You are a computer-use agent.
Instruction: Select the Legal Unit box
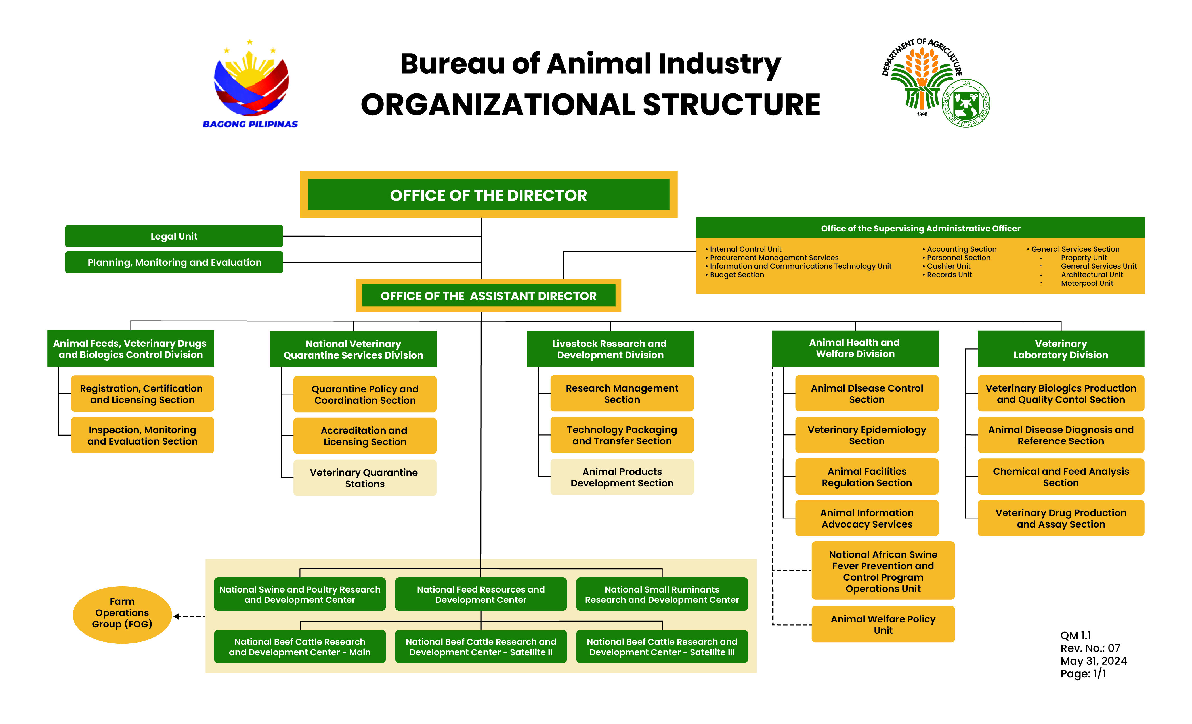pyautogui.click(x=174, y=236)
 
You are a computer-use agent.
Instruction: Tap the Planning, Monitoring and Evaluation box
pyautogui.click(x=174, y=262)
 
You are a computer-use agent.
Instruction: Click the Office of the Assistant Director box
pyautogui.click(x=489, y=296)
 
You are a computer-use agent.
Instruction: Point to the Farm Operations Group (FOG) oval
pyautogui.click(x=122, y=615)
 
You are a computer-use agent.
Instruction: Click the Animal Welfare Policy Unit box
pyautogui.click(x=883, y=624)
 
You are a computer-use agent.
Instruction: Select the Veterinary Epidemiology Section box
pyautogui.click(x=867, y=435)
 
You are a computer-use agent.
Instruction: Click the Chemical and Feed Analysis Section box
pyautogui.click(x=1061, y=477)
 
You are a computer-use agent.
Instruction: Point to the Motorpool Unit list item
pyautogui.click(x=1087, y=283)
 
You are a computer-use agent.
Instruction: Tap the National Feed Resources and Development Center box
pyautogui.click(x=481, y=594)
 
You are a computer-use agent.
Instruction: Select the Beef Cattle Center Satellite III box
pyautogui.click(x=662, y=646)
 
